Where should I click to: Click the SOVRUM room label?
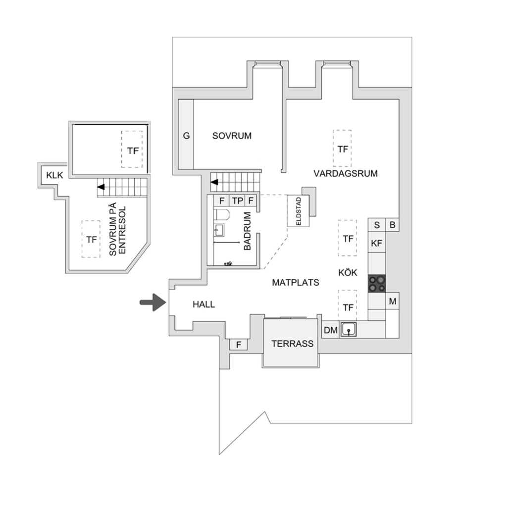point(232,136)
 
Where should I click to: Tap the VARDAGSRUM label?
point(346,173)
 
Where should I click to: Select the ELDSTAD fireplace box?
point(298,211)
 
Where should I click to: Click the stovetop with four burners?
point(377,284)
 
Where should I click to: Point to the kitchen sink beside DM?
point(348,329)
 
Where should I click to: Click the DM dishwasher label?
point(331,330)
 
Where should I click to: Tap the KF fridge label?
point(377,243)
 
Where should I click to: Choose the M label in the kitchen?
point(393,302)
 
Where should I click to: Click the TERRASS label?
point(292,344)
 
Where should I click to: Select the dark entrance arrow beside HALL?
point(153,303)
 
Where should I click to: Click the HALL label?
point(203,305)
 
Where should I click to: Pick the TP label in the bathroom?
point(238,201)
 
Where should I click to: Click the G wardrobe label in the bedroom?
point(186,136)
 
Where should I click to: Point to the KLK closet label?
point(54,175)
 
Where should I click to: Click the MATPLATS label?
point(296,282)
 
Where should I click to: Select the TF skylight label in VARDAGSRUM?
point(343,150)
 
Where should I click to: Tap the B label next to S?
point(393,225)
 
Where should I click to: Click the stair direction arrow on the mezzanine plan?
point(101,187)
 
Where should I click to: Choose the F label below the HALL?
point(239,345)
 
